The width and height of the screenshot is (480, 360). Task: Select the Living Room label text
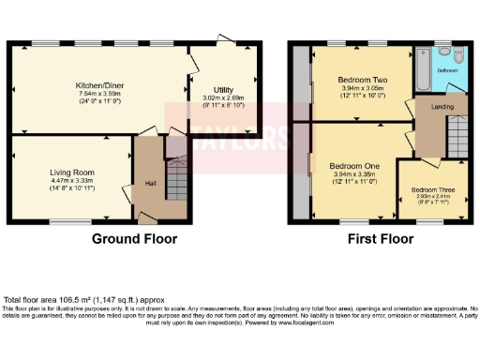tap(72, 172)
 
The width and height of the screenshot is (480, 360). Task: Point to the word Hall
tap(149, 184)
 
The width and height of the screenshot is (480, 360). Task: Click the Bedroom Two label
tap(354, 81)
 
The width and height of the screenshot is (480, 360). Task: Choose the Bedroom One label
tap(354, 164)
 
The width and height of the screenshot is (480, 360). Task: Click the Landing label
tap(432, 106)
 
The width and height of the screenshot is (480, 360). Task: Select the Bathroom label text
tap(447, 70)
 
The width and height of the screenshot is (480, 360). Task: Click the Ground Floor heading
tap(134, 239)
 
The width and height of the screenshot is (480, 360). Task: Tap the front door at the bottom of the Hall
tap(147, 218)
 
